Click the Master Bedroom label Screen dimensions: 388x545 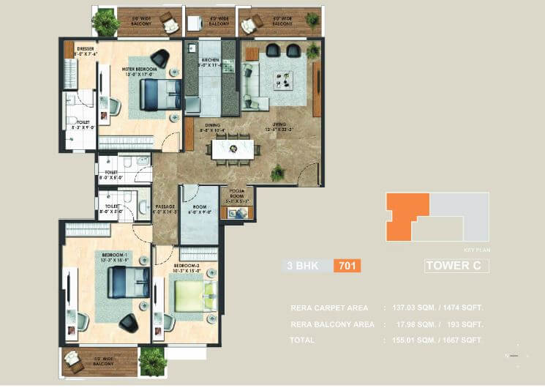(x=137, y=70)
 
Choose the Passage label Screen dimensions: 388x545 (x=166, y=209)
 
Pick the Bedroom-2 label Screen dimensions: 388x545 (x=184, y=267)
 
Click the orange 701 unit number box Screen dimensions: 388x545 (x=347, y=266)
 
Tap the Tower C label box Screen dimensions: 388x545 (x=456, y=266)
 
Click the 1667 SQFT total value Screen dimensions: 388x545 (x=460, y=340)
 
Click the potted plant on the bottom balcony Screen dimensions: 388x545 (x=153, y=359)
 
